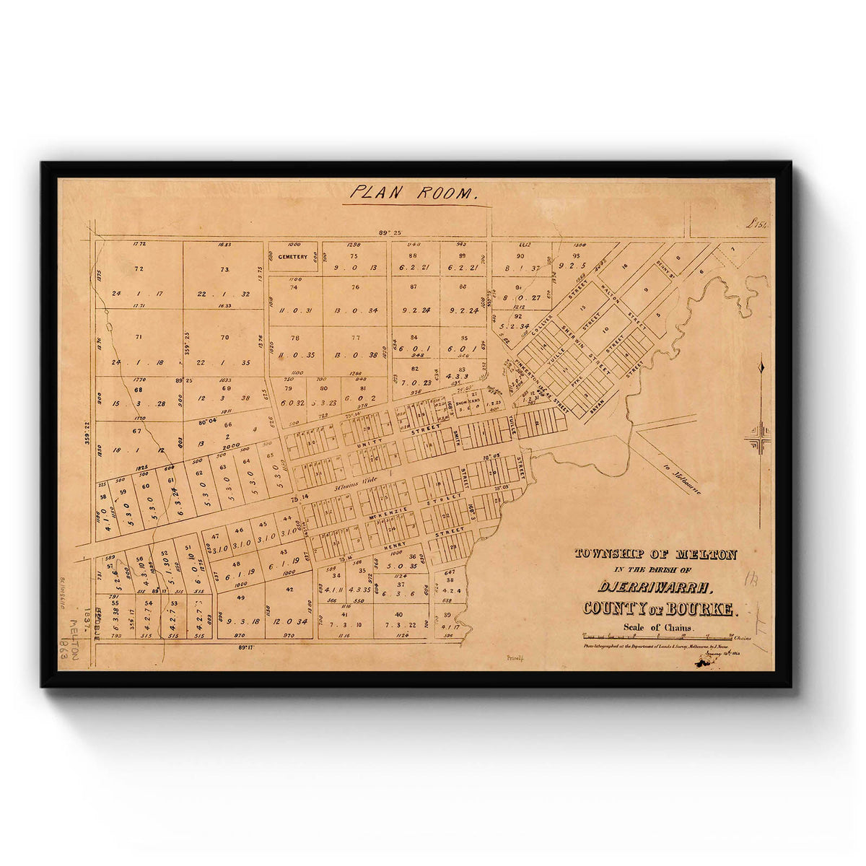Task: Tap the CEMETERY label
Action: tap(293, 256)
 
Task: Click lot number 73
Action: tap(224, 269)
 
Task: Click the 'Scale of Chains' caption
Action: tap(659, 627)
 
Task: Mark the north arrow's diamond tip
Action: tap(761, 367)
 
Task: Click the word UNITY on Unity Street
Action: tap(372, 438)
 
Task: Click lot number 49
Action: tap(240, 598)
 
